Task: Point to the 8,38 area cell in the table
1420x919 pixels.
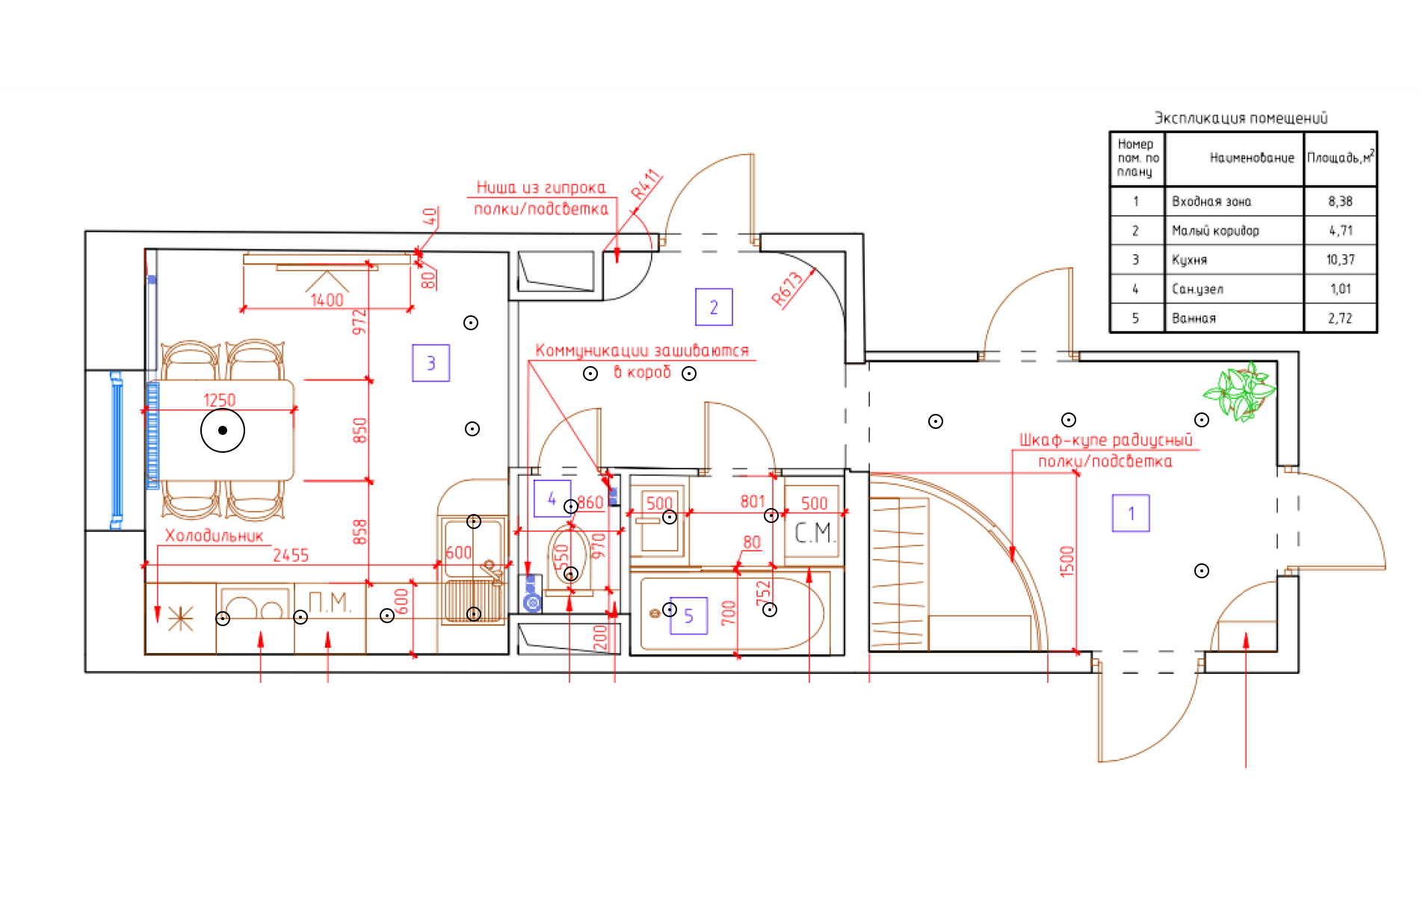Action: tap(1340, 201)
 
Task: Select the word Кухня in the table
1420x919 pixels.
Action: tap(1189, 260)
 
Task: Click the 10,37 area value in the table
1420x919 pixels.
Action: tap(1340, 260)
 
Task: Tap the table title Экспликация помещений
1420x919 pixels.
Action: tap(1241, 118)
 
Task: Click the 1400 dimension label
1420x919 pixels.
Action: tap(327, 300)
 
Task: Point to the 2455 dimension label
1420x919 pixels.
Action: tap(291, 555)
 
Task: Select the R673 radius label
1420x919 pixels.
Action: tap(787, 289)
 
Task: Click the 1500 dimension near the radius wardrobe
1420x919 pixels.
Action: tap(1067, 561)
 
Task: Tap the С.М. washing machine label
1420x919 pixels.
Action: tap(814, 533)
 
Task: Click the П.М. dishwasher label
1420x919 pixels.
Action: tap(330, 602)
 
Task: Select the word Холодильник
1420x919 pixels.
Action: tap(214, 536)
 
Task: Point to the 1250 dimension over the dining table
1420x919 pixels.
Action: tap(219, 400)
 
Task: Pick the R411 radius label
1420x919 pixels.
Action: tap(646, 184)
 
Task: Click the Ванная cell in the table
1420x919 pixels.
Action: tap(1194, 318)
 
